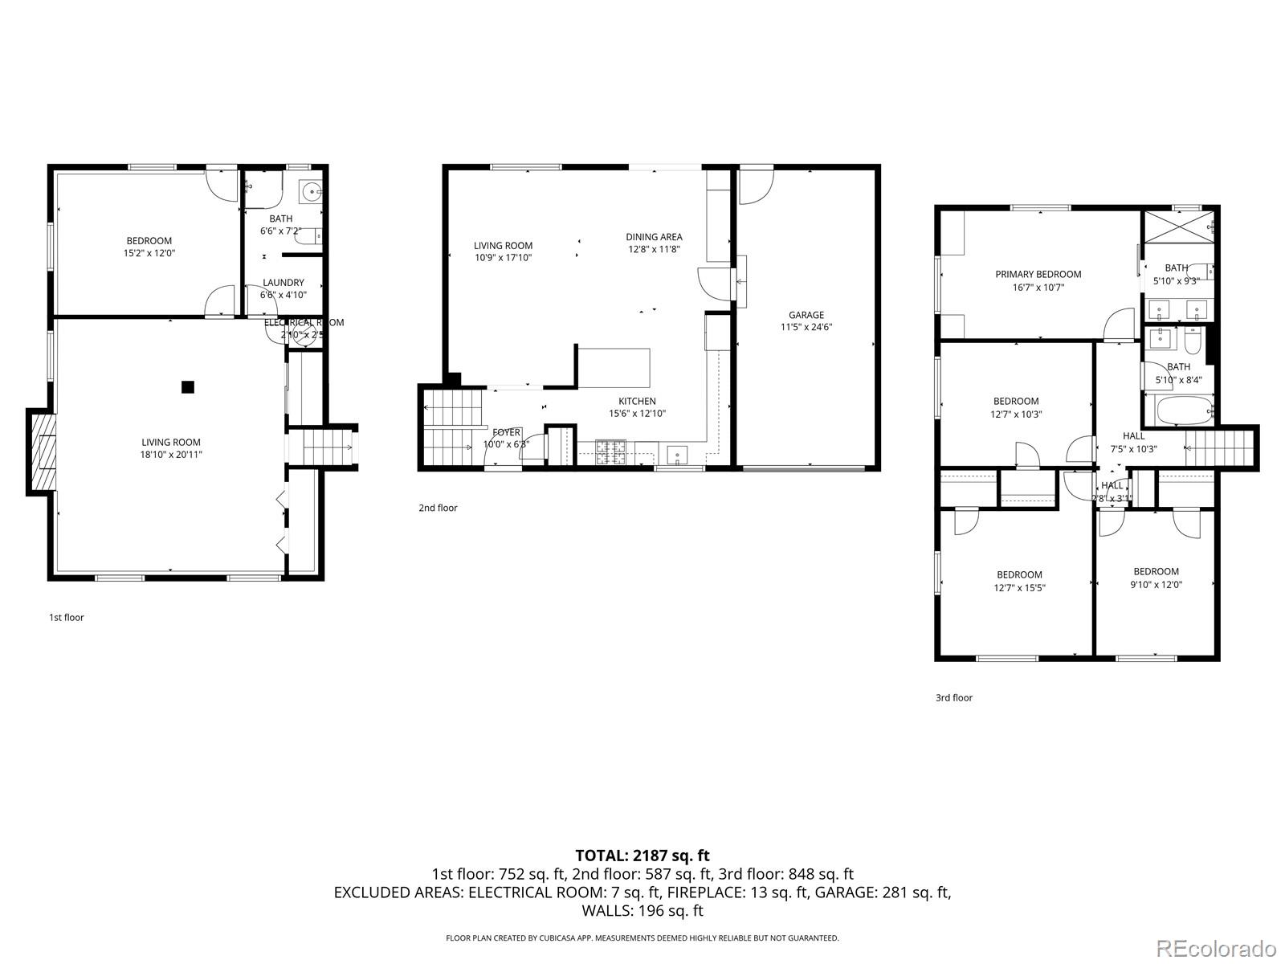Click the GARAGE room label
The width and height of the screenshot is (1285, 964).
click(x=806, y=315)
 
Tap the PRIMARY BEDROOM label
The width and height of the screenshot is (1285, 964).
click(x=1038, y=274)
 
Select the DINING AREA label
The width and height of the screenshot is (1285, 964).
click(x=654, y=237)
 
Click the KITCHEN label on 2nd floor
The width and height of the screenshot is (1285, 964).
click(x=637, y=401)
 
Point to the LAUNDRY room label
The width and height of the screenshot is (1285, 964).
click(x=283, y=283)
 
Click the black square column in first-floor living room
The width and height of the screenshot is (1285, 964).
click(x=187, y=387)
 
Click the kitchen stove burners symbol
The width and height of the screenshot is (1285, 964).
click(x=610, y=452)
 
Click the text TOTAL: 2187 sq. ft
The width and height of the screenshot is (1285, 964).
click(x=642, y=856)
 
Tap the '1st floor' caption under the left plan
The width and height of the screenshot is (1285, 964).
click(x=67, y=618)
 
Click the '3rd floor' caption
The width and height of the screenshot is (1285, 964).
click(x=953, y=698)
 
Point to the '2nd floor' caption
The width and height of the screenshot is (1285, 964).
click(x=438, y=508)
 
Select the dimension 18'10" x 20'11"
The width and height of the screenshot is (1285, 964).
click(x=171, y=455)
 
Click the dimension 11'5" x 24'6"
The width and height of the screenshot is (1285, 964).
click(x=806, y=327)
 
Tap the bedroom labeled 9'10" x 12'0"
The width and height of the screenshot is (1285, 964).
click(x=1156, y=578)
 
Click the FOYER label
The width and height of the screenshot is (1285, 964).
click(x=506, y=432)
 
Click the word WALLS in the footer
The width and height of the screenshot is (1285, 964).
click(x=609, y=910)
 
